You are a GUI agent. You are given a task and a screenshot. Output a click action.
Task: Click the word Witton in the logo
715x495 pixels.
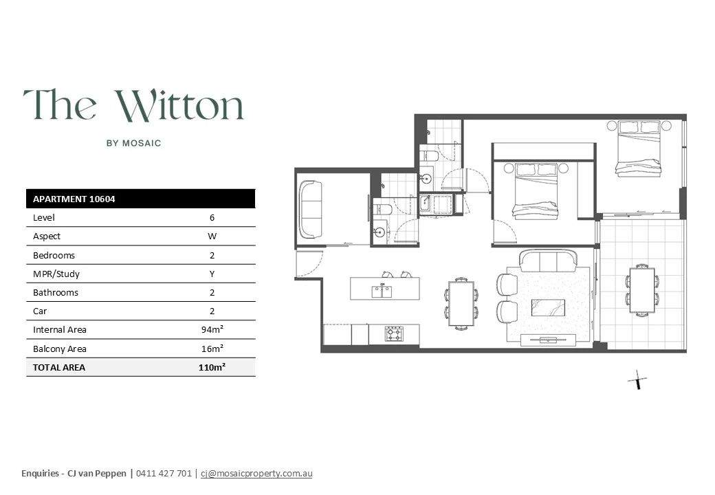pyautogui.click(x=179, y=106)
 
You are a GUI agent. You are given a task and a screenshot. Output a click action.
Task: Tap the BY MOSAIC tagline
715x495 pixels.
pyautogui.click(x=133, y=143)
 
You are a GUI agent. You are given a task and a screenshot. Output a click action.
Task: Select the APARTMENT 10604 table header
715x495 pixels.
pyautogui.click(x=74, y=199)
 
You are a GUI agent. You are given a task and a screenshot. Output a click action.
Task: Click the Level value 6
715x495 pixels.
pyautogui.click(x=212, y=217)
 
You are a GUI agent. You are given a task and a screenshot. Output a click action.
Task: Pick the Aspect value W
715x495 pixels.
pyautogui.click(x=212, y=236)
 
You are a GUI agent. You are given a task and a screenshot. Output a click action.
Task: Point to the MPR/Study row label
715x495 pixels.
pyautogui.click(x=56, y=274)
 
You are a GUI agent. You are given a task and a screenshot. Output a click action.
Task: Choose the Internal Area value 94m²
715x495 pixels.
pyautogui.click(x=212, y=329)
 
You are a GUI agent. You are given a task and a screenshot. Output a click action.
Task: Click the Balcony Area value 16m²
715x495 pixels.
pyautogui.click(x=212, y=349)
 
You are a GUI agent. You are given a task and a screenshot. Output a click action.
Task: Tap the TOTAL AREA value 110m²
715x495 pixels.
pyautogui.click(x=212, y=367)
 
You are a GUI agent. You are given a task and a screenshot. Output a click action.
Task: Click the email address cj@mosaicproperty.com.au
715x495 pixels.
pyautogui.click(x=256, y=473)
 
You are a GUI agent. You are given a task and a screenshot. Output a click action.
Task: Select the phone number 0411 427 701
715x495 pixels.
pyautogui.click(x=164, y=473)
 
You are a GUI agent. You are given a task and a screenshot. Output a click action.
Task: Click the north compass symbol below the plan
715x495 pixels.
pyautogui.click(x=637, y=379)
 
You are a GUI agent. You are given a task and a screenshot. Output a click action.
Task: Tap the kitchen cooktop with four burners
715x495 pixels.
pyautogui.click(x=394, y=334)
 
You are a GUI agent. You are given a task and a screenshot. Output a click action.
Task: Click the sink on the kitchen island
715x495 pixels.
pyautogui.click(x=382, y=291)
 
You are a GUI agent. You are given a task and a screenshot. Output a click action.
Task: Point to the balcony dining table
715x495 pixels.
pyautogui.click(x=642, y=290)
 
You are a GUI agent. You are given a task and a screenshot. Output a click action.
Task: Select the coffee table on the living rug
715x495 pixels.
pyautogui.click(x=548, y=308)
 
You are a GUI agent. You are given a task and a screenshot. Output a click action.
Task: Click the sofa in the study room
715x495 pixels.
pyautogui.click(x=311, y=209)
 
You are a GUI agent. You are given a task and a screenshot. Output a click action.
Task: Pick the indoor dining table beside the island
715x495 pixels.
pyautogui.click(x=461, y=303)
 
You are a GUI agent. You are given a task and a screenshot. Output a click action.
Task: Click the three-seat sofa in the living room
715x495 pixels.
pyautogui.click(x=549, y=261)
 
